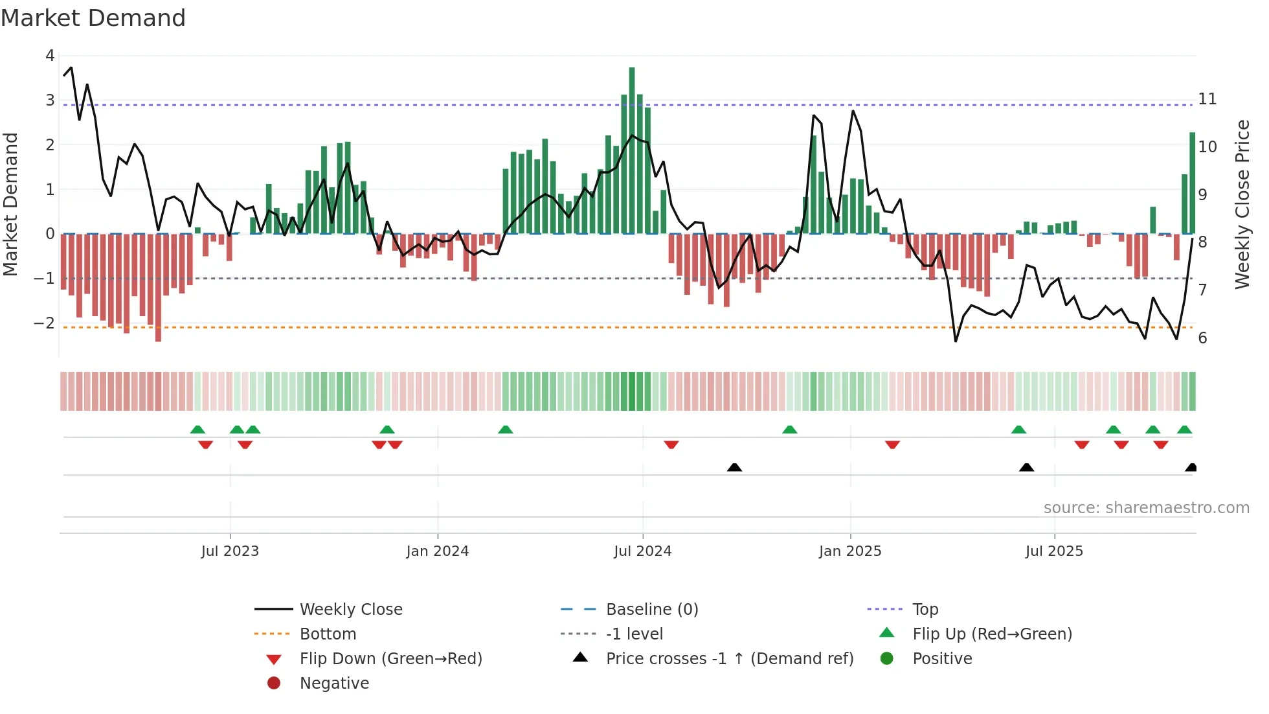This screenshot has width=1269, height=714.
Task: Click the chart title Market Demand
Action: click(x=93, y=17)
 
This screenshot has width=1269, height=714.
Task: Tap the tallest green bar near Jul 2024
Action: click(x=632, y=149)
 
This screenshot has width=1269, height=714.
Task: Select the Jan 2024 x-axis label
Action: click(x=437, y=551)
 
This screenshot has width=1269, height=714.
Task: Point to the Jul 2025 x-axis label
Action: click(x=1054, y=551)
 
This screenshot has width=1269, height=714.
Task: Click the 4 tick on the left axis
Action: click(x=50, y=56)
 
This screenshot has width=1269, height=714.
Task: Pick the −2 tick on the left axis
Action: click(x=45, y=323)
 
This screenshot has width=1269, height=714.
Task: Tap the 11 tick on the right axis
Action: click(x=1207, y=99)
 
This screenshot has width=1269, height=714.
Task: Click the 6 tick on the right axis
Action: click(x=1202, y=338)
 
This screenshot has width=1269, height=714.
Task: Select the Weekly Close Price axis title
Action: click(x=1242, y=204)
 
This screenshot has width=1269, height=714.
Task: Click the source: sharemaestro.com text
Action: click(x=1146, y=508)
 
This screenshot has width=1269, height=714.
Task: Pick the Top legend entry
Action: click(x=925, y=610)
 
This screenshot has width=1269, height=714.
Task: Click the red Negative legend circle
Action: click(x=274, y=684)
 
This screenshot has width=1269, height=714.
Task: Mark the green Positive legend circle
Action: click(x=887, y=659)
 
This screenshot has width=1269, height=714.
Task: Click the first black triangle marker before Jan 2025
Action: click(x=734, y=467)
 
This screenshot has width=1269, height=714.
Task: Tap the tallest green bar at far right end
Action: click(x=1192, y=183)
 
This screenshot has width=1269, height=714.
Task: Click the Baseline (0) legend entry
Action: click(x=651, y=610)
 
